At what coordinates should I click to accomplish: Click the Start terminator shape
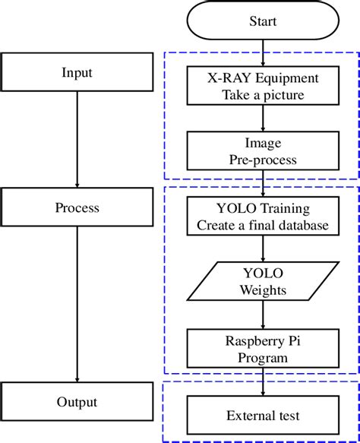(263, 21)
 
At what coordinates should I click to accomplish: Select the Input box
(77, 73)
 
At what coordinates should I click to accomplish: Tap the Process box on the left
(77, 207)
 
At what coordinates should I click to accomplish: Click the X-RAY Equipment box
(263, 87)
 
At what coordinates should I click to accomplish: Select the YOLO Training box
(263, 217)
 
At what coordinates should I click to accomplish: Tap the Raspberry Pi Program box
(263, 348)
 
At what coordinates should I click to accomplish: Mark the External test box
(263, 416)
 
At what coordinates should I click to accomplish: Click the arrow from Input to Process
(77, 140)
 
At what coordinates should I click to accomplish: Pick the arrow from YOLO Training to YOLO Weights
(263, 249)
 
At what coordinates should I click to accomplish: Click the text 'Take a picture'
(263, 95)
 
